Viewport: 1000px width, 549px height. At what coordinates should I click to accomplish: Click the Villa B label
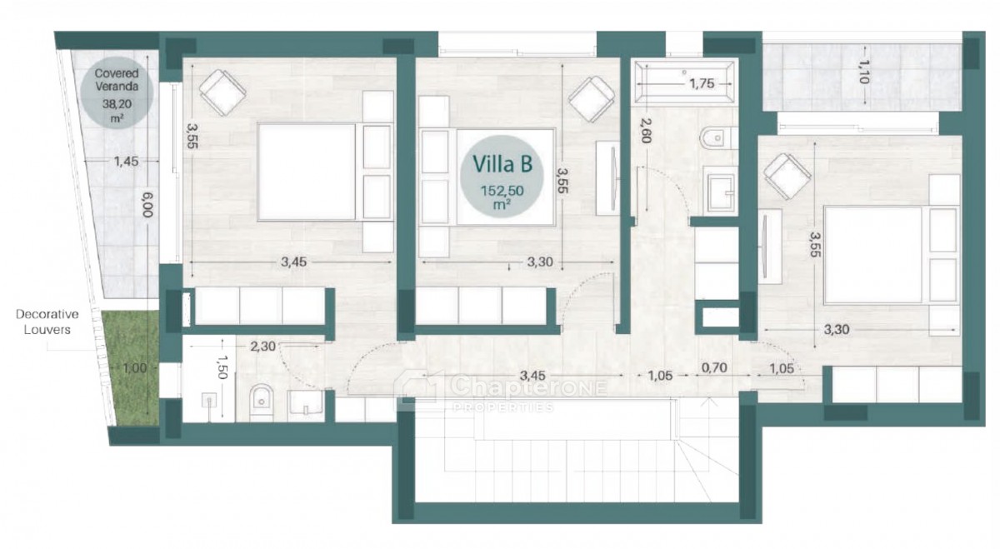(x=502, y=163)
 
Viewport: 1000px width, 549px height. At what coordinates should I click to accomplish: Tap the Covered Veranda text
(x=117, y=79)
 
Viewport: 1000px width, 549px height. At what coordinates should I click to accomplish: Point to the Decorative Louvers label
(x=47, y=322)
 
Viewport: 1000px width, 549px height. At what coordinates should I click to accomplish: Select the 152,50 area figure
(x=502, y=191)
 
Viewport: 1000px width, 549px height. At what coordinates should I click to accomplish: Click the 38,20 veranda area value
(x=117, y=104)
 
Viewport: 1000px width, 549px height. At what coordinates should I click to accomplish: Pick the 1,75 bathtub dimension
(x=702, y=83)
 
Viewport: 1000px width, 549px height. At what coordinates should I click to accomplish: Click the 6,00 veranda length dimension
(x=147, y=204)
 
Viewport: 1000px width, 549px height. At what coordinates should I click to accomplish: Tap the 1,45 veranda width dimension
(x=126, y=161)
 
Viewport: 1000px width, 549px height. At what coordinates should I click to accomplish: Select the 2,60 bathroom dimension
(x=646, y=130)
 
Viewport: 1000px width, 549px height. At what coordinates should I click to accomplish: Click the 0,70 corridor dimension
(x=714, y=367)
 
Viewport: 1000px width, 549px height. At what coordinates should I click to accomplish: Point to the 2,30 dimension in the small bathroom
(x=262, y=346)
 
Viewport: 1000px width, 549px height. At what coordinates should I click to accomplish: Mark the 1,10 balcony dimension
(x=864, y=72)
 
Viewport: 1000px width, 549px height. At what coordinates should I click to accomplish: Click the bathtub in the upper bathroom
(x=684, y=82)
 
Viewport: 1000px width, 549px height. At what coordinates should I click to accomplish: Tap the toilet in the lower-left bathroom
(x=261, y=402)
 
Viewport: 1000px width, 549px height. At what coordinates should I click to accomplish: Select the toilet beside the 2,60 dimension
(x=718, y=138)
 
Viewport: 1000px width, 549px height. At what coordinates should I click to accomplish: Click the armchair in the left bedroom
(x=222, y=92)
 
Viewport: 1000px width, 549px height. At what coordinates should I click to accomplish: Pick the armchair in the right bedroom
(x=787, y=177)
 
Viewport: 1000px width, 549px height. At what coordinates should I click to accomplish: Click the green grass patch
(x=131, y=367)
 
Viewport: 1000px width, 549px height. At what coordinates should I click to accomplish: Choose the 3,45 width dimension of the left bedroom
(x=293, y=262)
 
